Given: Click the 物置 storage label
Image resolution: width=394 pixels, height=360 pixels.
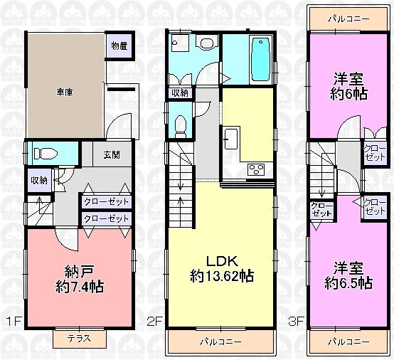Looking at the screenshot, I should pyautogui.click(x=119, y=46).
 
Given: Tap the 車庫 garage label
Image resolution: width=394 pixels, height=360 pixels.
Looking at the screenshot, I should pyautogui.click(x=66, y=92).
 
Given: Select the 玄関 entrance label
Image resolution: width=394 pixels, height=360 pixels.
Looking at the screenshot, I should pyautogui.click(x=112, y=155).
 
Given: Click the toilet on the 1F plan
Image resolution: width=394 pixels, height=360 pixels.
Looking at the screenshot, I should pyautogui.click(x=46, y=152).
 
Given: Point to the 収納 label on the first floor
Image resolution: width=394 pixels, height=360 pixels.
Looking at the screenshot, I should pyautogui.click(x=38, y=180).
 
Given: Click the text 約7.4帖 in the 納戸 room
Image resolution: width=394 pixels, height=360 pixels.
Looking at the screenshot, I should pyautogui.click(x=78, y=287).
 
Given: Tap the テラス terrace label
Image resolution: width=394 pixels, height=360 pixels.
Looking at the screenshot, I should pyautogui.click(x=78, y=339).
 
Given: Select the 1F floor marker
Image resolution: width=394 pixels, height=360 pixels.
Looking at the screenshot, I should pyautogui.click(x=12, y=321).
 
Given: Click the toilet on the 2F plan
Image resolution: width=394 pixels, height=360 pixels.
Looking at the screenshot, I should pyautogui.click(x=179, y=125).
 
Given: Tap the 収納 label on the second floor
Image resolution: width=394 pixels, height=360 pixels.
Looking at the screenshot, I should pyautogui.click(x=179, y=92).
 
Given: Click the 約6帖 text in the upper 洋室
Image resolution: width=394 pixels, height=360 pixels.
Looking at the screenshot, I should pyautogui.click(x=348, y=95).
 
